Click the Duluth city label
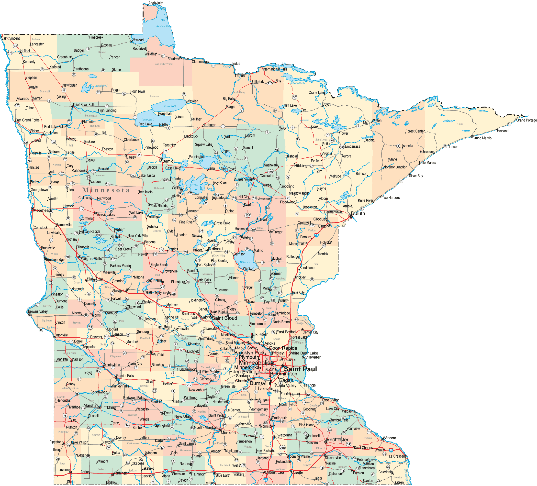click(x=358, y=213)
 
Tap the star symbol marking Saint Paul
click(x=282, y=366)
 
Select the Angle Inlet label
click(x=156, y=3)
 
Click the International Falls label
click(x=275, y=69)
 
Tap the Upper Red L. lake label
click(x=170, y=106)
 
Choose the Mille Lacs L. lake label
click(x=246, y=262)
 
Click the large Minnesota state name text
click(x=106, y=190)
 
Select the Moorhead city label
click(x=42, y=210)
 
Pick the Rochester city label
click(x=337, y=440)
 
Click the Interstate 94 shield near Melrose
click(x=178, y=310)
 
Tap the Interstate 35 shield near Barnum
click(x=316, y=235)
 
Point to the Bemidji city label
click(x=169, y=161)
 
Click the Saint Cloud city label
click(x=224, y=318)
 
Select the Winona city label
click(x=390, y=438)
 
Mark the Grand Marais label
click(x=482, y=138)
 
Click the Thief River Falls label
click(x=84, y=105)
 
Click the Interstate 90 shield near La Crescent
click(x=391, y=450)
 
